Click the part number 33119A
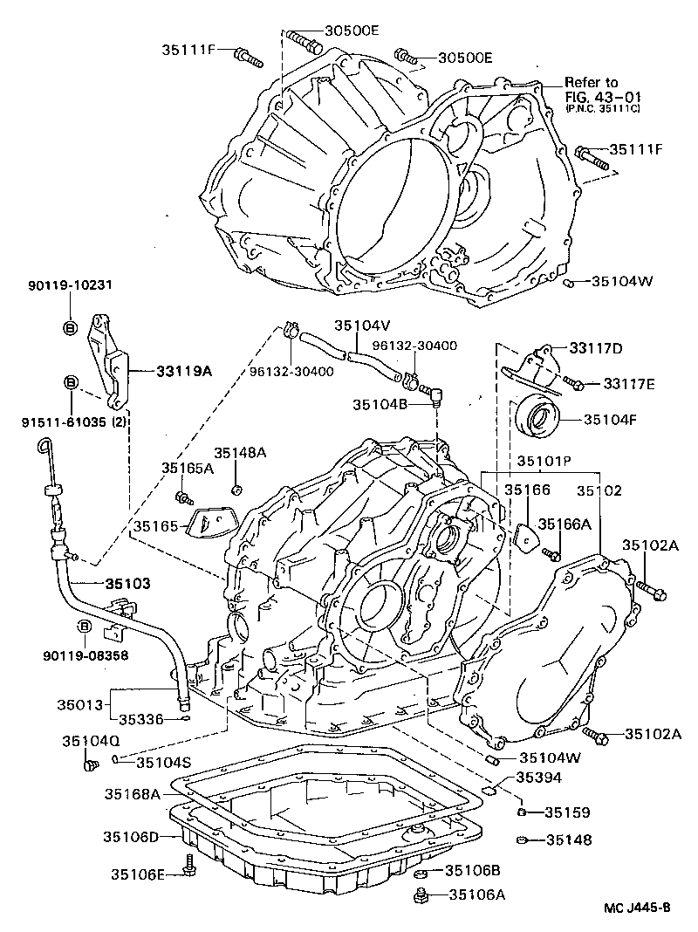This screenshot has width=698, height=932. click(x=184, y=370)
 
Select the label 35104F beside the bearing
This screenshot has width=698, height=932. click(x=611, y=418)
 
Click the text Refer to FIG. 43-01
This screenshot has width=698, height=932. click(x=592, y=89)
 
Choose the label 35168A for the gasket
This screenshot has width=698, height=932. click(x=132, y=794)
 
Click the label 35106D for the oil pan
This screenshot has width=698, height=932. click(x=131, y=837)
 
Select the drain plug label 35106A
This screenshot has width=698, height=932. click(x=476, y=894)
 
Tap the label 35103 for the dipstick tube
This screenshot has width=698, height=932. click(x=128, y=582)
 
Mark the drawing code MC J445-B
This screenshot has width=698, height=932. click(x=638, y=908)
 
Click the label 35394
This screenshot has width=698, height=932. click(x=538, y=777)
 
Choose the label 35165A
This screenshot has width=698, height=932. click(x=187, y=468)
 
